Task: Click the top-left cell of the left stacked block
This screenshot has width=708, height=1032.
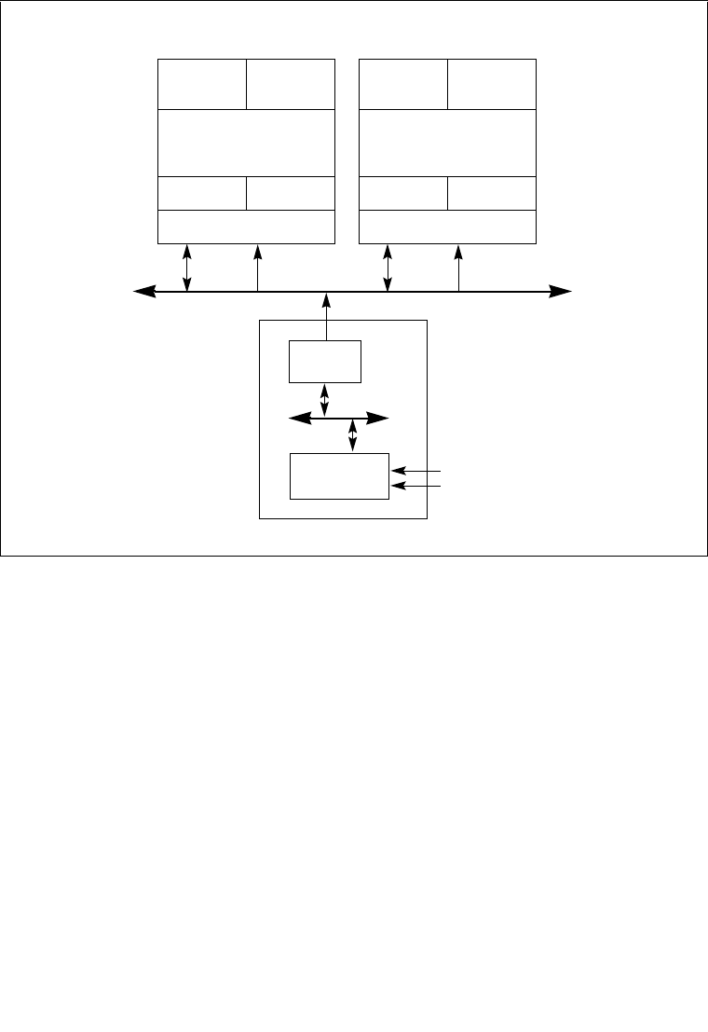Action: pyautogui.click(x=202, y=84)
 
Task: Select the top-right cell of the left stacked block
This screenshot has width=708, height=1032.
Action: pyautogui.click(x=291, y=84)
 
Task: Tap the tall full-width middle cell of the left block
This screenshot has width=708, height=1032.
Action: pyautogui.click(x=246, y=142)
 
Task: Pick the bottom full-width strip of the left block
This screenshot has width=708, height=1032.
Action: pyautogui.click(x=246, y=227)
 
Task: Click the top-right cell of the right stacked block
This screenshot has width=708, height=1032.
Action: pyautogui.click(x=492, y=84)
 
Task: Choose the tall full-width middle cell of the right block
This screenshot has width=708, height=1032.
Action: pyautogui.click(x=448, y=142)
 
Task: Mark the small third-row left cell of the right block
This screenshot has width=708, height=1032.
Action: pyautogui.click(x=403, y=193)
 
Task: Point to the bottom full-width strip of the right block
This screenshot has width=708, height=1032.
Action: pyautogui.click(x=448, y=227)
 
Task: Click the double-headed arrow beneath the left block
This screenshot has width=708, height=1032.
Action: pyautogui.click(x=188, y=268)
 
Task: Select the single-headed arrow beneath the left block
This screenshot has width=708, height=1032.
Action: pyautogui.click(x=258, y=268)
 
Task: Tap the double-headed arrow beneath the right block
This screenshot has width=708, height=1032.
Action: pyautogui.click(x=388, y=268)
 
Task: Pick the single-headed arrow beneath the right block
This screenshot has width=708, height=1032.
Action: pyautogui.click(x=459, y=268)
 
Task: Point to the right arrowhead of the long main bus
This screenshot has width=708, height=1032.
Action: pyautogui.click(x=562, y=292)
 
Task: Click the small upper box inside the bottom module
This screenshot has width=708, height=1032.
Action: pyautogui.click(x=325, y=362)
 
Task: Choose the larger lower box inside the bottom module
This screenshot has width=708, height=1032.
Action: pyautogui.click(x=339, y=476)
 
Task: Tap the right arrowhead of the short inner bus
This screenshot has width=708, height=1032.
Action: pyautogui.click(x=379, y=419)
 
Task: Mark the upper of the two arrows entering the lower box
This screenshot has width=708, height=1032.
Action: pyautogui.click(x=416, y=472)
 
